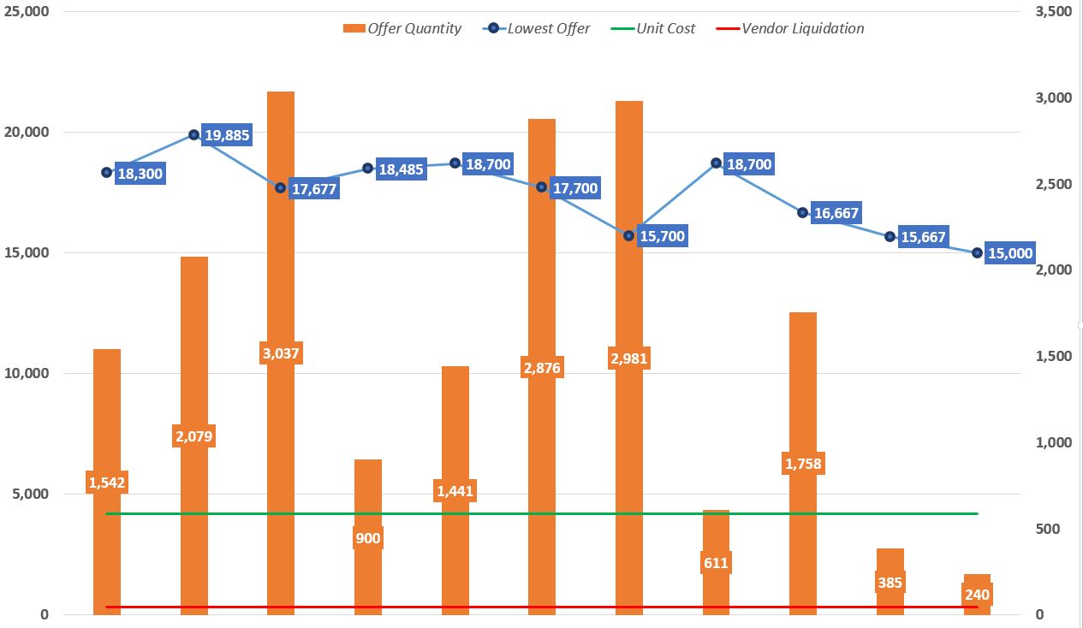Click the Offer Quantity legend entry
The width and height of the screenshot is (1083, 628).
coord(402,28)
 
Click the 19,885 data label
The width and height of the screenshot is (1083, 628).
coord(227,135)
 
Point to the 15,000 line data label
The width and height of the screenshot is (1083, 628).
coord(1010,253)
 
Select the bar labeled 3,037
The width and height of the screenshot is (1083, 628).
coord(281,257)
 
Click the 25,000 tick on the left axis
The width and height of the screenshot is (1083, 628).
coord(25,12)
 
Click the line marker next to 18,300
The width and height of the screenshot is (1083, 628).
coord(107,172)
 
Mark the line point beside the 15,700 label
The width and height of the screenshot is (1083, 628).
coord(629,235)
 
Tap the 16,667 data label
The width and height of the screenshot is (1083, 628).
coord(836,213)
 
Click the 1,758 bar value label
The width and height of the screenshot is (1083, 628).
coord(803,465)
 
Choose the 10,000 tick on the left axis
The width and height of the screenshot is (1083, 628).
coord(25,374)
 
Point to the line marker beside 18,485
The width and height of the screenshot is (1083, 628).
coord(368,169)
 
